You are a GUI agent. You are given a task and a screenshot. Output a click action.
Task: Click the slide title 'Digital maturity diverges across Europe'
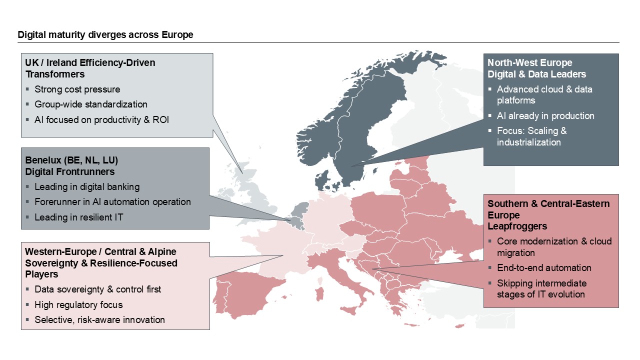(x=105, y=35)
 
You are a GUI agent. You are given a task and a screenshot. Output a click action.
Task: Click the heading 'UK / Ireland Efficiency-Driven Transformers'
(x=90, y=68)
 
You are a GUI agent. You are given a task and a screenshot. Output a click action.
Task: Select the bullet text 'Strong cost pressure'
(x=77, y=89)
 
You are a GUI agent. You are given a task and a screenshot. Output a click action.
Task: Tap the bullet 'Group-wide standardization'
(x=90, y=104)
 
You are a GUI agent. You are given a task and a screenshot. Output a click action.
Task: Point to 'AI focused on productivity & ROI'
(x=102, y=120)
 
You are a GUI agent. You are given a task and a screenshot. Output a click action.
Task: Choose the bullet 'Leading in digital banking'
(x=87, y=187)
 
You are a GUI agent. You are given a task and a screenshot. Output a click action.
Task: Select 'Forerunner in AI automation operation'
(x=112, y=202)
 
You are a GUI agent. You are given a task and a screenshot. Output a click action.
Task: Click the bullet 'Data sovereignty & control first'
(x=97, y=289)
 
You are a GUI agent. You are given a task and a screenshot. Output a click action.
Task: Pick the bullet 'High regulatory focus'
(x=78, y=304)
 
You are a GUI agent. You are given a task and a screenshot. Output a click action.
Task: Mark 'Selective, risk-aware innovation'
(x=99, y=319)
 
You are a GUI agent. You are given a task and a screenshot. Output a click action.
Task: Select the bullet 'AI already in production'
(x=545, y=115)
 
